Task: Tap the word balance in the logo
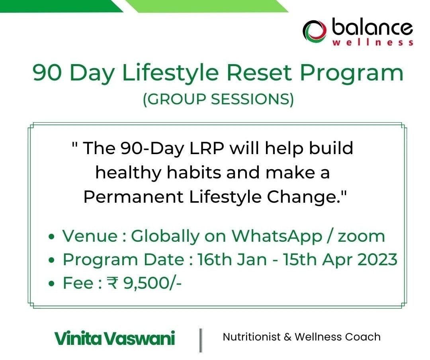(x=372, y=27)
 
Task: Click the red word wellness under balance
(x=373, y=43)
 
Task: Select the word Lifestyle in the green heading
(x=170, y=73)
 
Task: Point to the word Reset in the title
(x=259, y=72)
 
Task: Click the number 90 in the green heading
(x=47, y=72)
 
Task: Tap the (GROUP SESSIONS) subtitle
(x=218, y=99)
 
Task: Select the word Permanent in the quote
(x=133, y=197)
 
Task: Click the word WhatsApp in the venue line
(x=277, y=236)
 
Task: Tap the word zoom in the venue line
(x=362, y=237)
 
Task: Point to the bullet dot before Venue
(x=51, y=237)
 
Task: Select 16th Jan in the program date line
(x=232, y=259)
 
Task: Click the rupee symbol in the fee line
(x=112, y=283)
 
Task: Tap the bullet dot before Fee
(x=51, y=284)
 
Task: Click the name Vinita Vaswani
(x=115, y=338)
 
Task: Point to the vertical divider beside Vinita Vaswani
(x=201, y=340)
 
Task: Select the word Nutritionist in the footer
(x=252, y=337)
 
